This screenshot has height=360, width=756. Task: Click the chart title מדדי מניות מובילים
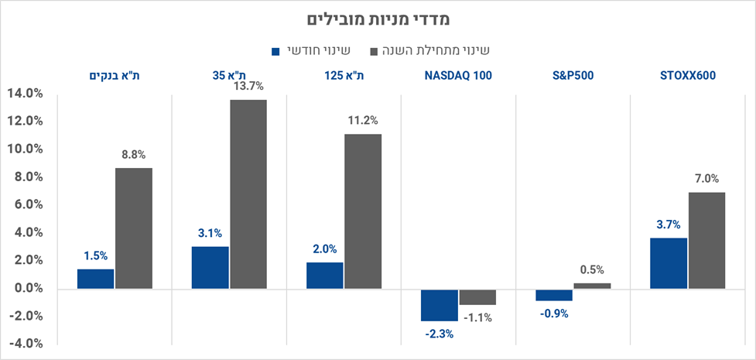pos(378,19)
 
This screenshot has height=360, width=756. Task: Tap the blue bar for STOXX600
pos(669,263)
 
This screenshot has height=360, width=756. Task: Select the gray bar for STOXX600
pos(706,240)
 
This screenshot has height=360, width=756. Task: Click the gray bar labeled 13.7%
pos(248,194)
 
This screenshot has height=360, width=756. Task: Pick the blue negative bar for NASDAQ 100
pos(440,304)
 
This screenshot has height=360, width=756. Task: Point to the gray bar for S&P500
pos(592,286)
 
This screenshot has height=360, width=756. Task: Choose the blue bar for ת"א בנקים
pos(95,279)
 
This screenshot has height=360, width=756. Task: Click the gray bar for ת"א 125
pos(363,211)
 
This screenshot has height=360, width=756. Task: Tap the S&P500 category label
pos(573,76)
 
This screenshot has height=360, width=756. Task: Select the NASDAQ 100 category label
pos(458,76)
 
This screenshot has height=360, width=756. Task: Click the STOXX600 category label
pos(688,76)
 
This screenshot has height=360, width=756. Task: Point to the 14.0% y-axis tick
pos(25,94)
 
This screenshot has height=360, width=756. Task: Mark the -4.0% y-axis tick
pos(25,345)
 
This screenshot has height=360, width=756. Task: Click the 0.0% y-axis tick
pos(25,289)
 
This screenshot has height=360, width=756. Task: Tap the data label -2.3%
pos(439,334)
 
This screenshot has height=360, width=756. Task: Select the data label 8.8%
pos(134,155)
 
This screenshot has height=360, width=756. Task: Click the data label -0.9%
pos(553,314)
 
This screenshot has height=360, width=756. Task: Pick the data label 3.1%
pos(210,232)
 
